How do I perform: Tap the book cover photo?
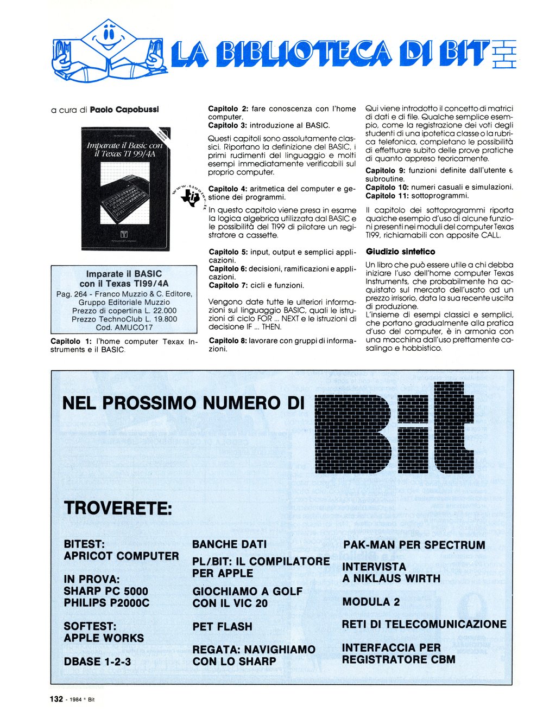pyautogui.click(x=125, y=188)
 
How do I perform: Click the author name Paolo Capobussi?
pyautogui.click(x=124, y=110)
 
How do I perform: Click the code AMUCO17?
pyautogui.click(x=132, y=327)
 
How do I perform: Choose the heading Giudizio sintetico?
pyautogui.click(x=400, y=252)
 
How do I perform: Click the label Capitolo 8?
pyautogui.click(x=228, y=340)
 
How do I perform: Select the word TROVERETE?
pyautogui.click(x=118, y=509)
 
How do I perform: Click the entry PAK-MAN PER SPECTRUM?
pyautogui.click(x=414, y=545)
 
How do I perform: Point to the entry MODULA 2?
pyautogui.click(x=371, y=602)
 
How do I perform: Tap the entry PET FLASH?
pyautogui.click(x=222, y=627)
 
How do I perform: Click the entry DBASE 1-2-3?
pyautogui.click(x=97, y=661)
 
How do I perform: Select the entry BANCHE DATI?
pyautogui.click(x=230, y=544)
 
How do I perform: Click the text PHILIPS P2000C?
pyautogui.click(x=106, y=603)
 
